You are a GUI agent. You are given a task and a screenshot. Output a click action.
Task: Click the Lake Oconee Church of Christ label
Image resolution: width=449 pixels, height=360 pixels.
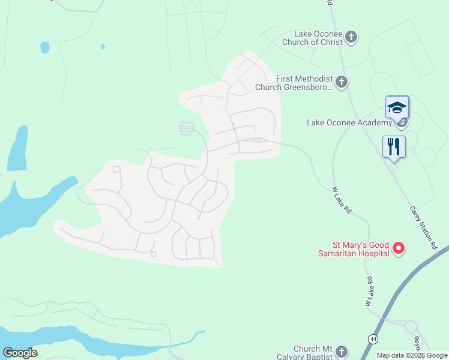318,38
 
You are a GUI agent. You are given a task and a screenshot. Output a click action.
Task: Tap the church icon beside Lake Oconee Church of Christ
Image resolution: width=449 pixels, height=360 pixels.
352,37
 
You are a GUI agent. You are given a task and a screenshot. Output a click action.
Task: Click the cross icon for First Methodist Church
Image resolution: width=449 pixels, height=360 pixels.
342,82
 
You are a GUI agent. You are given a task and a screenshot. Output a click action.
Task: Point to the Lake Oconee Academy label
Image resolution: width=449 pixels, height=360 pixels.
348,122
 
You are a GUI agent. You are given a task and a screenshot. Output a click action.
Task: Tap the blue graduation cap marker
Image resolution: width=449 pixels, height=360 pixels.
397,108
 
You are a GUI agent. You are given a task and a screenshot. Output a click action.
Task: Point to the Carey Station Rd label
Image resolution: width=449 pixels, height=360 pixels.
424,227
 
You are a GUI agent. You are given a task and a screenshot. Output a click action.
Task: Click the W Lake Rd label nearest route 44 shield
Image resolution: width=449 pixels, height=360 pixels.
370,292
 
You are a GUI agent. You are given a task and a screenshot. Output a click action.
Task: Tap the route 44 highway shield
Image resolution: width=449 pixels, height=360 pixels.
374,338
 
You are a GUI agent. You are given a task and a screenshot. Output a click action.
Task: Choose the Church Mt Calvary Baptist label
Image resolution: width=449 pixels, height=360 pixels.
311,353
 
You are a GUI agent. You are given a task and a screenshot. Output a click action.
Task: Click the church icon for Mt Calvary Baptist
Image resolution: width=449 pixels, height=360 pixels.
342,351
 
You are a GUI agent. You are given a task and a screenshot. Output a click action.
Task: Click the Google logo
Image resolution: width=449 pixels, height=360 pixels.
20,353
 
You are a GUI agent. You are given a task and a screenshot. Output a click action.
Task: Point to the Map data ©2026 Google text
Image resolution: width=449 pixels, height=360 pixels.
412,355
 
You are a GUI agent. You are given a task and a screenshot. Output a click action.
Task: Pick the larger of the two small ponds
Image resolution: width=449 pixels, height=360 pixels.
44,47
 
